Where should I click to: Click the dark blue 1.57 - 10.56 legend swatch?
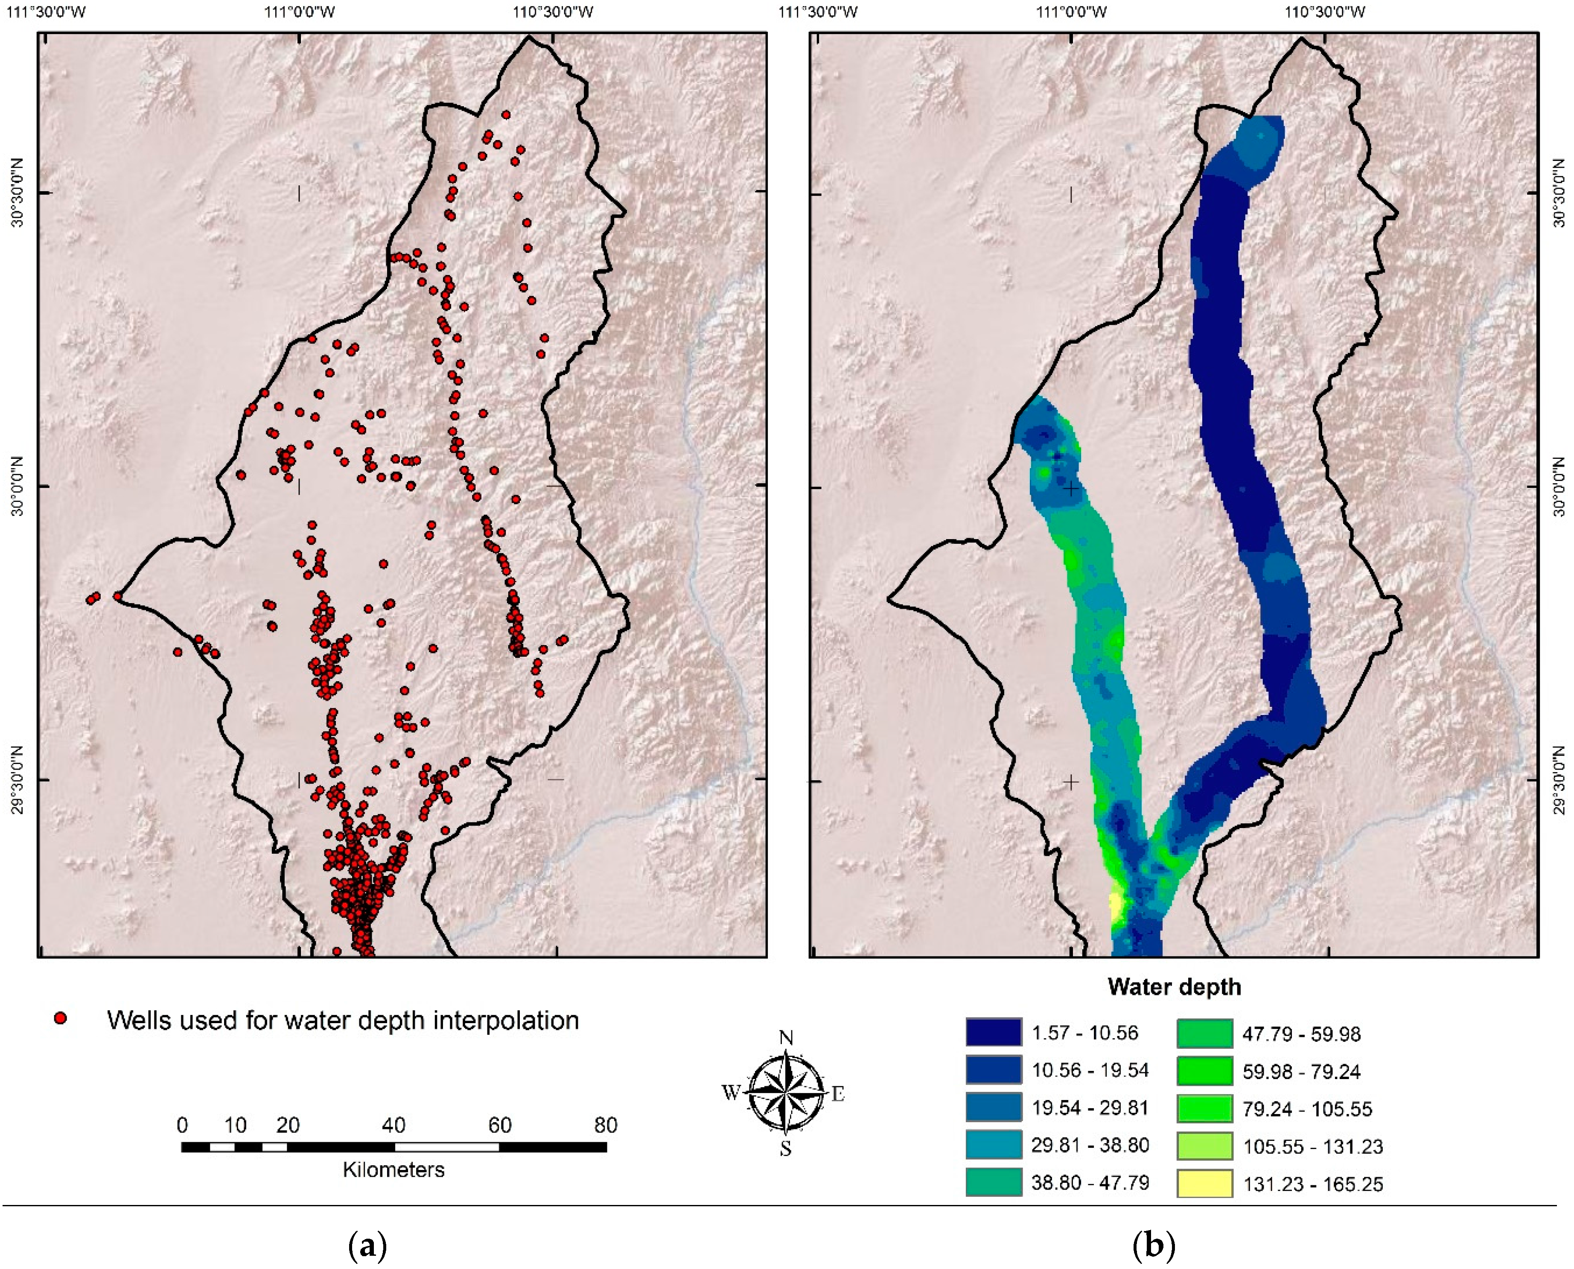click(993, 1032)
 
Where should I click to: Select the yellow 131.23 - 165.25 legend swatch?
click(1204, 1184)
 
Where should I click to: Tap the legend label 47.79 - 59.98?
click(1301, 1034)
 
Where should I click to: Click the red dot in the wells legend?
click(61, 1018)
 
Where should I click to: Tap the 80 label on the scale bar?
click(605, 1125)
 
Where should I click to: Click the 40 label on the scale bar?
click(393, 1125)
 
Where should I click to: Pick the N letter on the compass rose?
click(786, 1038)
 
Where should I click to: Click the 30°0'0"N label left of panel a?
click(16, 485)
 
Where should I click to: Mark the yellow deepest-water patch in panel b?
click(1116, 909)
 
